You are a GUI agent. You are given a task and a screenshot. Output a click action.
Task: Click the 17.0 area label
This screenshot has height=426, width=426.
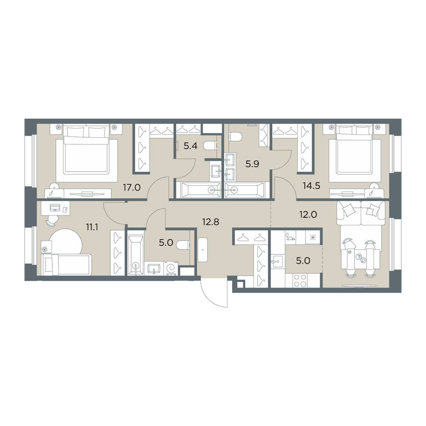tap(132, 187)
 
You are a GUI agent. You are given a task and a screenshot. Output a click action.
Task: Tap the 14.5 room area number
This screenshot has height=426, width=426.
tap(312, 186)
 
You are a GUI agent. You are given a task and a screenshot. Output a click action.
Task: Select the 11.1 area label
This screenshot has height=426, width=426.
tap(92, 227)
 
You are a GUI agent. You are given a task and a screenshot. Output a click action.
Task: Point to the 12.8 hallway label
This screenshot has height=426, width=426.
tap(210, 222)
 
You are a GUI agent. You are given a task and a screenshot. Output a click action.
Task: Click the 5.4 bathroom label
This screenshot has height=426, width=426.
tap(190, 146)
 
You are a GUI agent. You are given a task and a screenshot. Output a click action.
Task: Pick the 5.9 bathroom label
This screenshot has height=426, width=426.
tap(252, 164)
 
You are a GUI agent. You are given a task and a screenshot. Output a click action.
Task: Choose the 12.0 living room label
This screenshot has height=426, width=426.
tap(308, 215)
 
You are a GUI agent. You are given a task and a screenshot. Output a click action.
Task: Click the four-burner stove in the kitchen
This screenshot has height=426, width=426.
tap(300, 280)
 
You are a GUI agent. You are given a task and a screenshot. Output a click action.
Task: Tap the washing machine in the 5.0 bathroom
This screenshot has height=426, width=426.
tap(171, 268)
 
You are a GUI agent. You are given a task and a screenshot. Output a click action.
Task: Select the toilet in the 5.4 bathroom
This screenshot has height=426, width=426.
tap(210, 146)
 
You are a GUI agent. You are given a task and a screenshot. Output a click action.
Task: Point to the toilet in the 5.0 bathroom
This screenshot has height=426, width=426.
tap(183, 245)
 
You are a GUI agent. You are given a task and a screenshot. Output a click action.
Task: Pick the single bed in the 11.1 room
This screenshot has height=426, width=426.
tap(66, 265)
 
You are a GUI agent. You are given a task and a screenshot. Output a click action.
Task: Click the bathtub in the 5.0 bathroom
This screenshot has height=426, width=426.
tap(135, 256)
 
